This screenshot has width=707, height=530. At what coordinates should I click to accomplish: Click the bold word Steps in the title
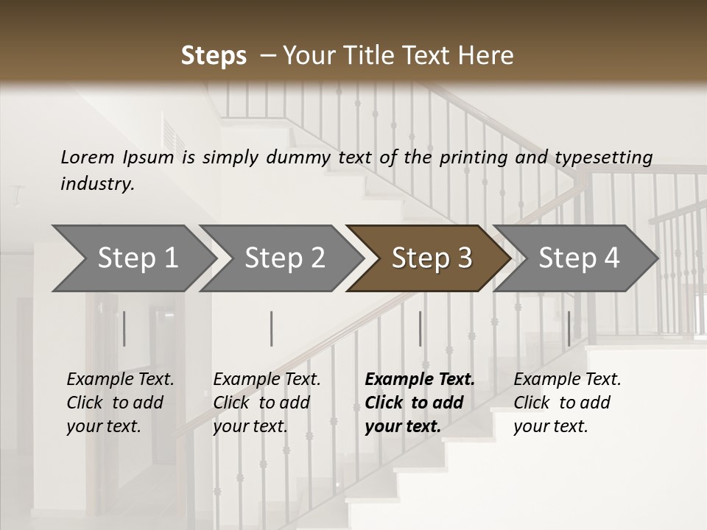click(214, 56)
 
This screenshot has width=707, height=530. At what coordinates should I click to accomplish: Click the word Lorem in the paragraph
click(87, 158)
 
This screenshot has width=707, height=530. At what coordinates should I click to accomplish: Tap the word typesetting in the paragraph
click(603, 158)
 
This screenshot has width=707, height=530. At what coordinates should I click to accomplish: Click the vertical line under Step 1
click(124, 328)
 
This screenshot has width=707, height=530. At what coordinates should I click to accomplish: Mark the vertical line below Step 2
click(272, 328)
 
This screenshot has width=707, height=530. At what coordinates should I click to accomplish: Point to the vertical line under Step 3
click(420, 328)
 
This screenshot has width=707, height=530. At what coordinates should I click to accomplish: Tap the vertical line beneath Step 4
click(569, 328)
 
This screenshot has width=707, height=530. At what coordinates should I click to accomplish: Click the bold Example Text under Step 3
click(420, 380)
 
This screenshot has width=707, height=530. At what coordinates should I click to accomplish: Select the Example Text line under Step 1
click(120, 380)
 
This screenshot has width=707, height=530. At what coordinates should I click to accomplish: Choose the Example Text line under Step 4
click(567, 380)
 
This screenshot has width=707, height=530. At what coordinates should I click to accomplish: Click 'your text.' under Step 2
click(250, 427)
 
